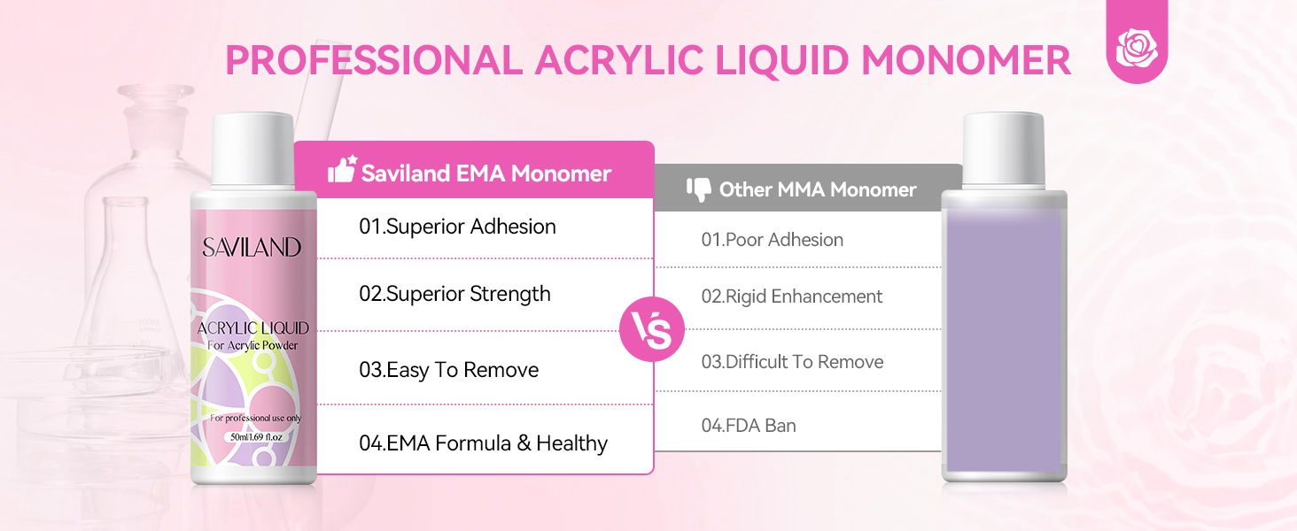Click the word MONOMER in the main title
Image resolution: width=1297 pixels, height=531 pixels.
pyautogui.click(x=966, y=60)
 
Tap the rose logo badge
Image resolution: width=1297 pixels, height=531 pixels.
pyautogui.click(x=1137, y=44)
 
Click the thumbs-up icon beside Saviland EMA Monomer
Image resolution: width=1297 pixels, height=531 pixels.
pyautogui.click(x=343, y=169)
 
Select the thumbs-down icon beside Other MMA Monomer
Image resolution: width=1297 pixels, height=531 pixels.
pyautogui.click(x=699, y=189)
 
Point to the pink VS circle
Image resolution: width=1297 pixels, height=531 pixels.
pyautogui.click(x=652, y=329)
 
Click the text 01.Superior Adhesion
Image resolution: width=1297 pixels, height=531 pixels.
pyautogui.click(x=457, y=227)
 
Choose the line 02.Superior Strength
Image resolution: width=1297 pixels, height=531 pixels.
pyautogui.click(x=454, y=294)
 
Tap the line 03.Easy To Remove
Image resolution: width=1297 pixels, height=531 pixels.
pyautogui.click(x=449, y=370)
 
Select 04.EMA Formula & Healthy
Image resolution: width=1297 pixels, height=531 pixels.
pyautogui.click(x=484, y=443)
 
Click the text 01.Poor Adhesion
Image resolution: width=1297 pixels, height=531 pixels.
pyautogui.click(x=773, y=240)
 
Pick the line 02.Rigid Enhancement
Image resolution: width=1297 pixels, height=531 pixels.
pyautogui.click(x=791, y=296)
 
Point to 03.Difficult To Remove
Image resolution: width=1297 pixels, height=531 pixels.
pyautogui.click(x=792, y=361)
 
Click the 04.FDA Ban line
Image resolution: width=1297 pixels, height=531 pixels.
pyautogui.click(x=749, y=425)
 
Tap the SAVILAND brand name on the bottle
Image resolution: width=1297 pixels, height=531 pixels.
pyautogui.click(x=252, y=248)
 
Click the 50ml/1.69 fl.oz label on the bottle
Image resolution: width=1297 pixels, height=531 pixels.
pyautogui.click(x=256, y=436)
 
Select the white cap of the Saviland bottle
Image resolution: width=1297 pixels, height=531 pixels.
pyautogui.click(x=253, y=151)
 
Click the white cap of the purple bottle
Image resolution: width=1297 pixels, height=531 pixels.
pyautogui.click(x=1004, y=151)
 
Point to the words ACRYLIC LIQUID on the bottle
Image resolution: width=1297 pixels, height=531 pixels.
pyautogui.click(x=253, y=328)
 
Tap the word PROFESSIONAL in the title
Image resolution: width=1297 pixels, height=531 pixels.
pyautogui.click(x=374, y=60)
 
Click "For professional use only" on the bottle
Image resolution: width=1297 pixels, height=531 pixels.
pyautogui.click(x=255, y=418)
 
